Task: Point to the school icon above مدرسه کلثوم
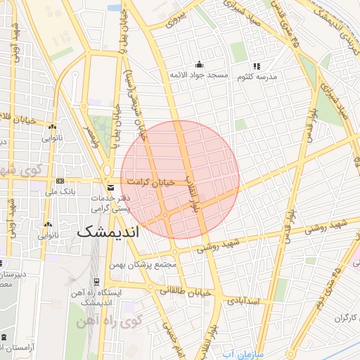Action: tap(257, 65)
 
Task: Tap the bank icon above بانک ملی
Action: tap(60, 181)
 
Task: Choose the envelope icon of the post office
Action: tap(110, 188)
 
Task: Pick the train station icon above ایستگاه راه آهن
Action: tap(96, 281)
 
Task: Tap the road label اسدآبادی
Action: tap(244, 301)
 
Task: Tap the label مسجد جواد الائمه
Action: tap(200, 75)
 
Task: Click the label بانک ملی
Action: tap(60, 191)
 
